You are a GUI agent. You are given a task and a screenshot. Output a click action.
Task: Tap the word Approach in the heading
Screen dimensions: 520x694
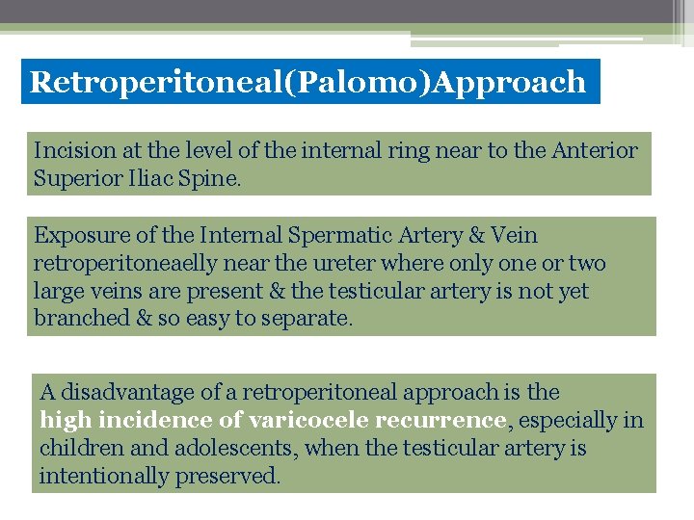coord(509,83)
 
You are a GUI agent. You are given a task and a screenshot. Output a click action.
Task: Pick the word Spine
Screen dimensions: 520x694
coord(213,179)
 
